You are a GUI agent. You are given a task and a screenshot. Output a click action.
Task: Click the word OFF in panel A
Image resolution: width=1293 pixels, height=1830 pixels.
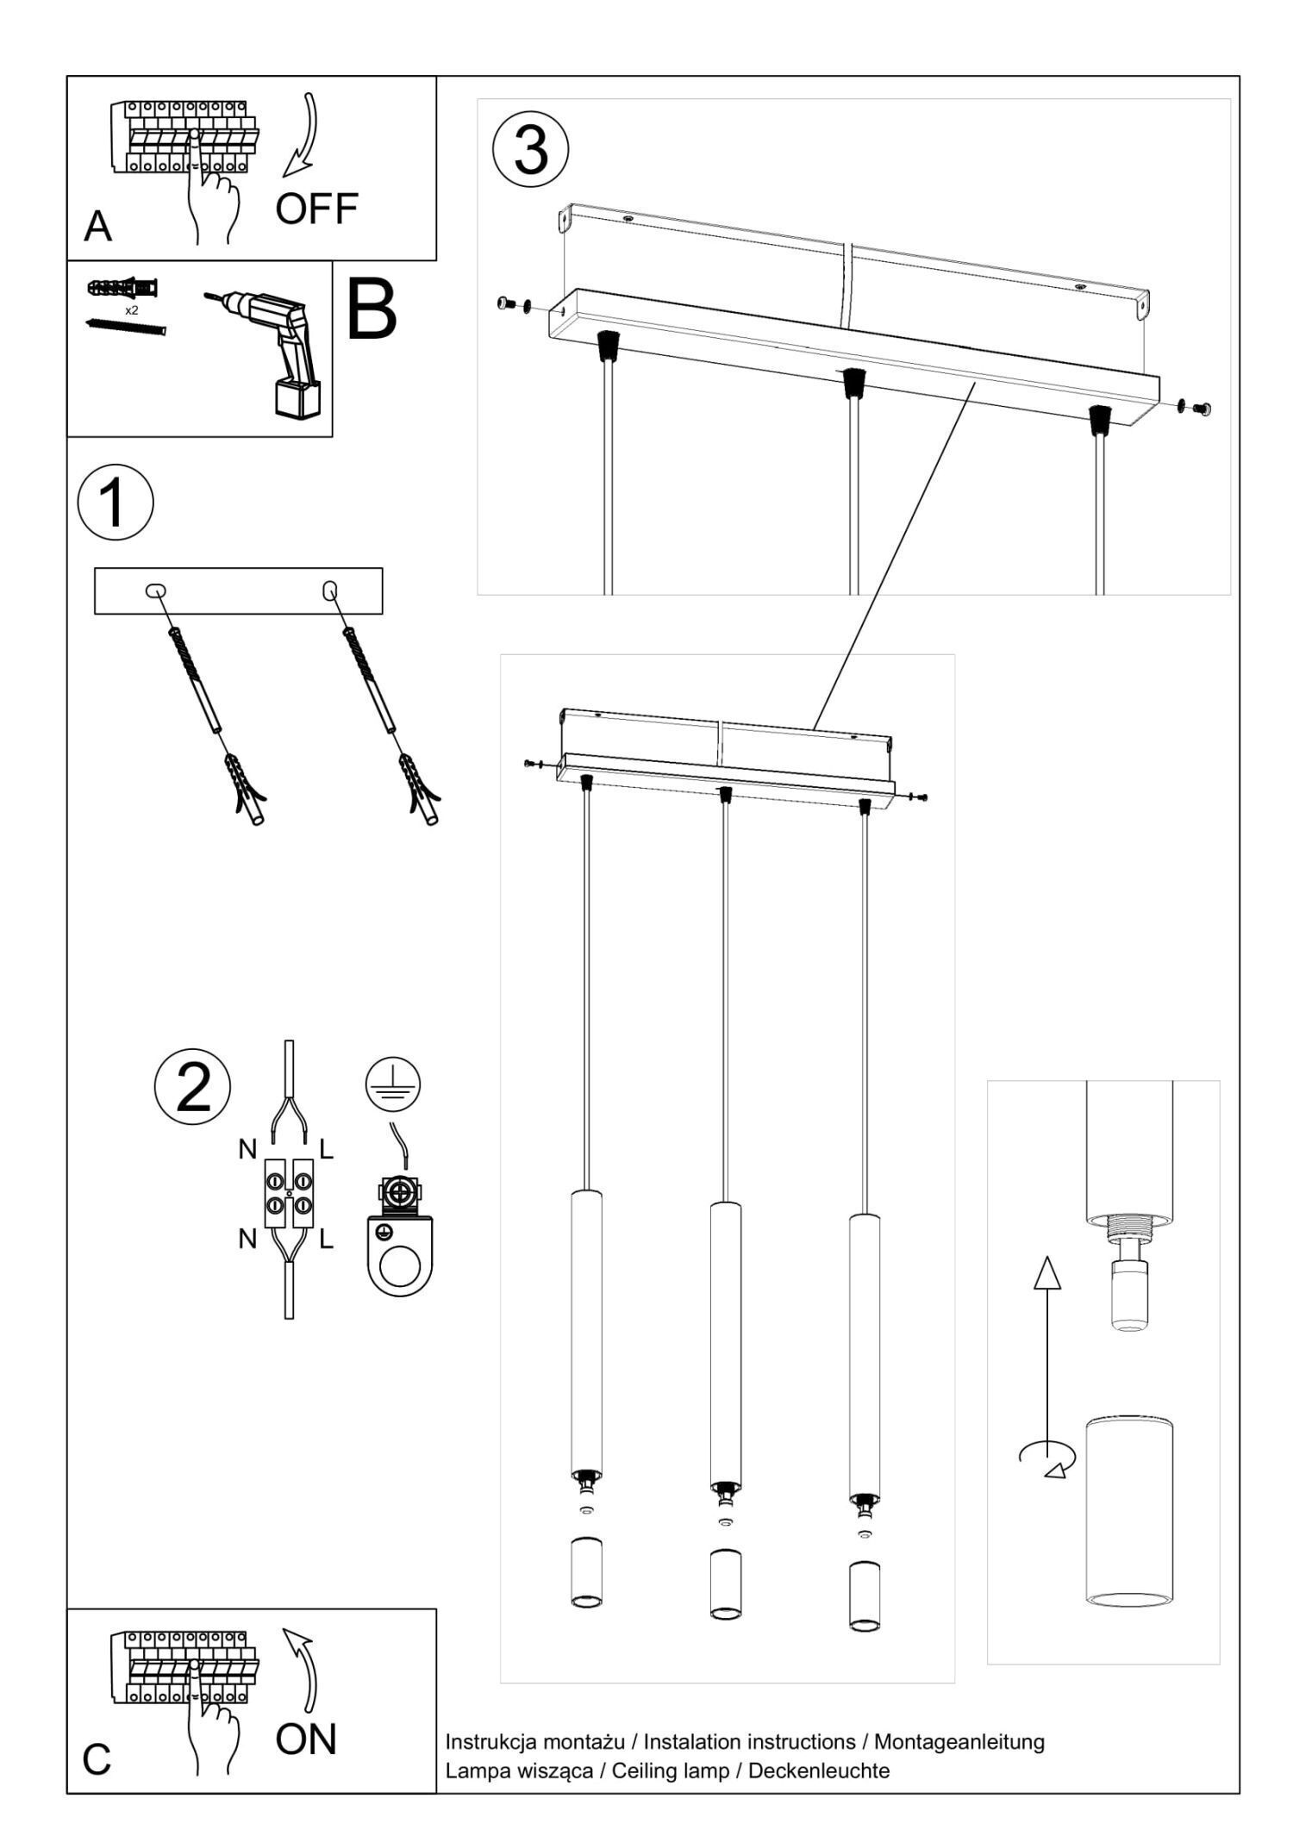point(316,209)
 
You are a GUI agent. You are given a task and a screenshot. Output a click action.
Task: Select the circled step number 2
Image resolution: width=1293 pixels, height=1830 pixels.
point(192,1086)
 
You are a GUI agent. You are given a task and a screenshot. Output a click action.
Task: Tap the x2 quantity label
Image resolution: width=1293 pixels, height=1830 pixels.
point(131,309)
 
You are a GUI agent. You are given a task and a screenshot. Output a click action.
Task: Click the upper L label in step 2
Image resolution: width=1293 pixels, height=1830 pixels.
point(326,1149)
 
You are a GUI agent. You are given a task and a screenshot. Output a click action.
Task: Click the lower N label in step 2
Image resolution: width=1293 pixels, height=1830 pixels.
point(247,1240)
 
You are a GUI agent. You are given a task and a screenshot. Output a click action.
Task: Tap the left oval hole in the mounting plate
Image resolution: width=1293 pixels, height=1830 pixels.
point(156,591)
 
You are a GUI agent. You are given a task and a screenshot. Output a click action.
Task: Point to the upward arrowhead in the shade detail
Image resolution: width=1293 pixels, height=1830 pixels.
point(1047,1274)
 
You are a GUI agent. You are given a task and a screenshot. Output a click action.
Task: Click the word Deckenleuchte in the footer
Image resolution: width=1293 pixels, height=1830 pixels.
point(818,1771)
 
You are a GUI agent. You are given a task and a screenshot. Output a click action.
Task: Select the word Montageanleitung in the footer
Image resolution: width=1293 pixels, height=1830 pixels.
point(959,1741)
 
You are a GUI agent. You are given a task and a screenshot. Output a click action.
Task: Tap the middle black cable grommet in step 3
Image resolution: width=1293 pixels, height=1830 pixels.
point(853,380)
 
